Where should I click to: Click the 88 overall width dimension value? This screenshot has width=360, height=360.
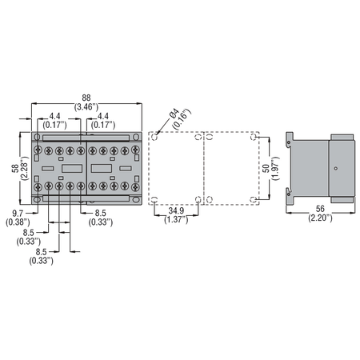(86, 98)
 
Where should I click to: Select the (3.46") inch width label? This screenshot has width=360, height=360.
(86, 107)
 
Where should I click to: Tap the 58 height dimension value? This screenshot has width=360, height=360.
(15, 168)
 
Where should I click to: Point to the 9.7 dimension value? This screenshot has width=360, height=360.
(18, 214)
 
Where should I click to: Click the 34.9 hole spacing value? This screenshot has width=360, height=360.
(176, 210)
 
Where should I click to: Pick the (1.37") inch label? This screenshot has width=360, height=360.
(176, 220)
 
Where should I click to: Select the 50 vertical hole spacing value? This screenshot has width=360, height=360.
(266, 168)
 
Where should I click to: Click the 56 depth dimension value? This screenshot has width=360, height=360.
(320, 209)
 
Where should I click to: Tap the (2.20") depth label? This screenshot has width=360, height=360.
(320, 218)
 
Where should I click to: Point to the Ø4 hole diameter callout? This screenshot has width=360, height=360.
(174, 114)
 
